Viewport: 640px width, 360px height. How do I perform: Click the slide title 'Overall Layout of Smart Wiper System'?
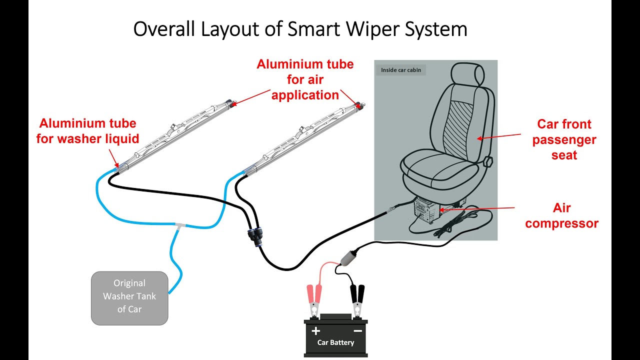pyautogui.click(x=300, y=29)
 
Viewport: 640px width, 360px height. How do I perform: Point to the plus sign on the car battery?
pyautogui.click(x=315, y=331)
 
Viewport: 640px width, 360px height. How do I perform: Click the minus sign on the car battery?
pyautogui.click(x=357, y=331)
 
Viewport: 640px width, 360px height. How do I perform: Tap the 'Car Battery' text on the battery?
pyautogui.click(x=335, y=343)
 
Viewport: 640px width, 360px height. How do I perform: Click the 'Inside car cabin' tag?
pyautogui.click(x=400, y=70)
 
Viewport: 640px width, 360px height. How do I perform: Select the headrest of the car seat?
pyautogui.click(x=467, y=75)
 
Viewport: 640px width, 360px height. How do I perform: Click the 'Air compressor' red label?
pyautogui.click(x=561, y=215)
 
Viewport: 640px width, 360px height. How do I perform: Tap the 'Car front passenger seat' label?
pyautogui.click(x=564, y=139)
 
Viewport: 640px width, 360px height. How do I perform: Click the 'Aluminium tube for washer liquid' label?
pyautogui.click(x=87, y=130)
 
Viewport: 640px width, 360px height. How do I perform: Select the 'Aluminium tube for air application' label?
pyautogui.click(x=305, y=79)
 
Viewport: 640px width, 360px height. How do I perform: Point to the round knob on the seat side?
pyautogui.click(x=488, y=162)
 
